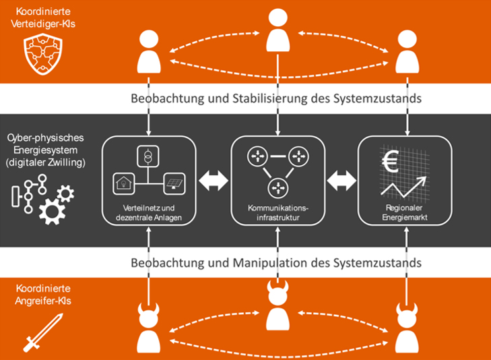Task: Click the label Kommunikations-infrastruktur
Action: (277, 212)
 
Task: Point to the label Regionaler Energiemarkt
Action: (403, 212)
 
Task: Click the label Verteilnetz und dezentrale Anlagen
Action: (149, 212)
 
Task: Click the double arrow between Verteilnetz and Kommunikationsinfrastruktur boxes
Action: (214, 181)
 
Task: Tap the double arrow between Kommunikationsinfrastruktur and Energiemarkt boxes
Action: (341, 181)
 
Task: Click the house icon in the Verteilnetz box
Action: (124, 182)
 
